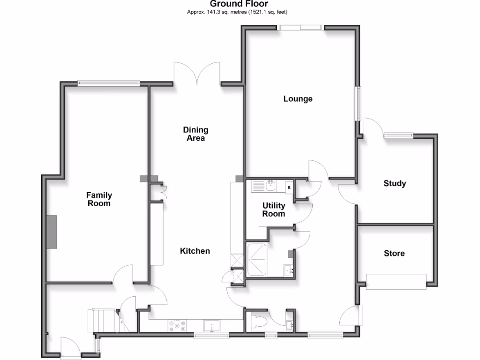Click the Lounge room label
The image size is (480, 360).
[298, 99]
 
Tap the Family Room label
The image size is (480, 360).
[99, 199]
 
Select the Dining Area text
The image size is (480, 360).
[195, 134]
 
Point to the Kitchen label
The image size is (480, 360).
[195, 251]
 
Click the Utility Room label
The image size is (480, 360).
[274, 210]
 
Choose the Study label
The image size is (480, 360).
[395, 183]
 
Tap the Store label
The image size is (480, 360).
[394, 253]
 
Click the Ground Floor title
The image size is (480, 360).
[240, 4]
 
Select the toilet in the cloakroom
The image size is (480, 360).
[259, 322]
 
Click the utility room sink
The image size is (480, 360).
[270, 186]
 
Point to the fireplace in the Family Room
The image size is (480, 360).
[51, 232]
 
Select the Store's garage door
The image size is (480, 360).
[396, 281]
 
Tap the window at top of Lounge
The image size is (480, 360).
[300, 28]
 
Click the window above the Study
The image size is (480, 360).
[398, 136]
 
